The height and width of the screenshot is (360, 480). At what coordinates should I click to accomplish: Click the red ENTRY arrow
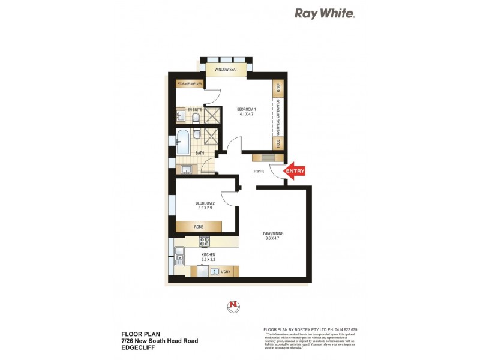pos(295,171)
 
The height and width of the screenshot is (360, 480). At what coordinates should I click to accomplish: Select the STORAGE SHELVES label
pos(189,84)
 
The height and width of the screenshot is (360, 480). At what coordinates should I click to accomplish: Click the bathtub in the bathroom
pos(183,144)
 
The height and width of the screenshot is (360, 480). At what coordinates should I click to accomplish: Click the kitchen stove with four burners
pos(204,242)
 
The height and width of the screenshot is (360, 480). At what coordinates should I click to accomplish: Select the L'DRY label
pos(226,272)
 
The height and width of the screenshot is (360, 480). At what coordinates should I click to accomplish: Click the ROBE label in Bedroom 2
pos(197,227)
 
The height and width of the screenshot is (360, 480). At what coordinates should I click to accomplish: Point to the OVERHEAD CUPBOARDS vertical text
pos(278,118)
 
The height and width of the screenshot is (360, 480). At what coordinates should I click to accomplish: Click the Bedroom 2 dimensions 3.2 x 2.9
pos(205,209)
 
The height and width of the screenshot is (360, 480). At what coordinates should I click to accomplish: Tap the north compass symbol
pos(232,305)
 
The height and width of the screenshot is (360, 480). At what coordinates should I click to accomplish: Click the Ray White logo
pos(324,14)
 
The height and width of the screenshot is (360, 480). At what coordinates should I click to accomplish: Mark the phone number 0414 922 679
pos(344,329)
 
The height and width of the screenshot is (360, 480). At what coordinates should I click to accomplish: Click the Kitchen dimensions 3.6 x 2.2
pos(208,260)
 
